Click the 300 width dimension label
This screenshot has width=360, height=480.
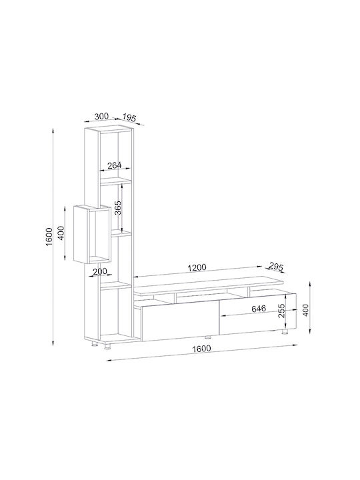coord(101,116)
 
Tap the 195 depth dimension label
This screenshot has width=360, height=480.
coord(129,117)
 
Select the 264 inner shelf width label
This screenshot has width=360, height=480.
coord(115,165)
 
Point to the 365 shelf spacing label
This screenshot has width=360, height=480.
coord(118,207)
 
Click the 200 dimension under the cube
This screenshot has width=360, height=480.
coord(100,271)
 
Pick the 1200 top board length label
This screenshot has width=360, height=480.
coord(197,267)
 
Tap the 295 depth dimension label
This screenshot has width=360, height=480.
coord(276,266)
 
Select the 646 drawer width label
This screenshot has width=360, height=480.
coord(259,309)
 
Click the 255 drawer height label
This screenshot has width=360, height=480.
coord(282,311)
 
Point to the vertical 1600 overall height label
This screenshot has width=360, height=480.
coord(49,236)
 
